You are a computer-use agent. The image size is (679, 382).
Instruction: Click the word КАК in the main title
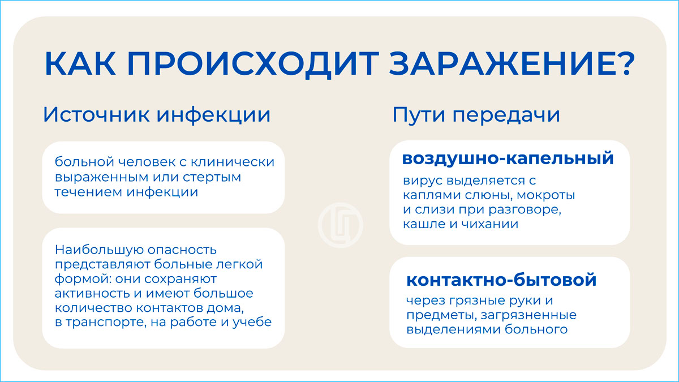(x=80, y=63)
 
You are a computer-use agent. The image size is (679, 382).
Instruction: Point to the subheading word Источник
(x=97, y=114)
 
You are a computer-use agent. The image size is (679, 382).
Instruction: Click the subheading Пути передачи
(x=476, y=115)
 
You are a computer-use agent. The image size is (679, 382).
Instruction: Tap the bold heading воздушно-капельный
(x=508, y=158)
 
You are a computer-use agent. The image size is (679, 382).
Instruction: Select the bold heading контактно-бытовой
(x=501, y=280)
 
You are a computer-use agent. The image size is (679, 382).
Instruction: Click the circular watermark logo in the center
(x=341, y=225)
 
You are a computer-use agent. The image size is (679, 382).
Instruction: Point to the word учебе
(x=252, y=322)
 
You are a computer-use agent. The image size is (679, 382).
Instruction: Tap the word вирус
(x=423, y=181)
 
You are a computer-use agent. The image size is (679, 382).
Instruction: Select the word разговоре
(x=525, y=210)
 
